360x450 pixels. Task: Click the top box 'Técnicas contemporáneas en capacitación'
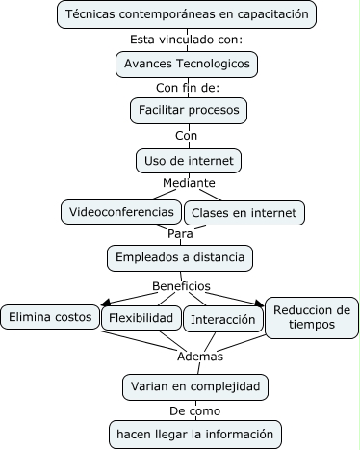click(187, 14)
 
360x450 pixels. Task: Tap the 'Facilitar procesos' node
click(187, 111)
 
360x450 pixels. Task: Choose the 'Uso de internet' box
click(187, 159)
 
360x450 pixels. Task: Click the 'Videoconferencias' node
click(120, 210)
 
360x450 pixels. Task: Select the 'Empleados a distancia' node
click(180, 257)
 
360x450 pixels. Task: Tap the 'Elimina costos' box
click(50, 316)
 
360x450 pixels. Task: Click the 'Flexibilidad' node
click(141, 318)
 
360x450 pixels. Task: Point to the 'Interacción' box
click(222, 319)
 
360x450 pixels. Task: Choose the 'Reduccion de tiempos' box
click(311, 317)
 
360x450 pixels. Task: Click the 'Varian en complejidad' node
click(194, 386)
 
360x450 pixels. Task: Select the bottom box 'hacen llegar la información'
click(194, 434)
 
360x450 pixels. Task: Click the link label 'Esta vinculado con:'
click(186, 40)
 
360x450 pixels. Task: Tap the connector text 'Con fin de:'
click(187, 88)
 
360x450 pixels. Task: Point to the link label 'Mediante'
click(189, 183)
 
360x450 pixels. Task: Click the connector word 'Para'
click(180, 233)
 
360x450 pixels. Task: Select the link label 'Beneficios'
click(181, 286)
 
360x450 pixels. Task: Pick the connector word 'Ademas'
click(200, 356)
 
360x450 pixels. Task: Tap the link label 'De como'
click(195, 410)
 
